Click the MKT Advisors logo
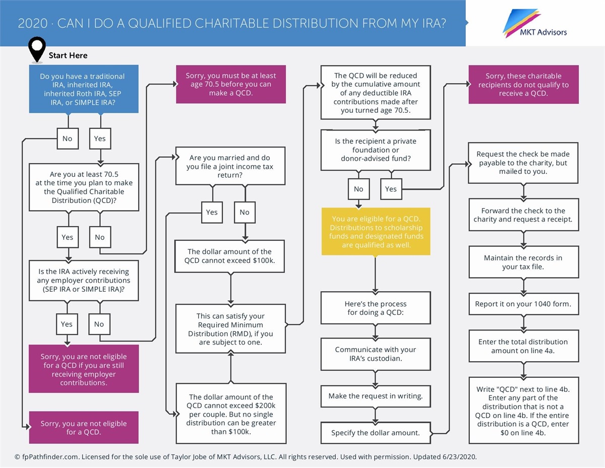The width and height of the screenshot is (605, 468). [535, 23]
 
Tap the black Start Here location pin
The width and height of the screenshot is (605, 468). [37, 49]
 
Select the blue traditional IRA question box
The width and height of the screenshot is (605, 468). [83, 89]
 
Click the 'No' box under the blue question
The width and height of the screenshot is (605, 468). [67, 139]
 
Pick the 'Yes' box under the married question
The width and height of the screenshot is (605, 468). [212, 212]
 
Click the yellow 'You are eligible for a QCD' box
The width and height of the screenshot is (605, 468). [376, 232]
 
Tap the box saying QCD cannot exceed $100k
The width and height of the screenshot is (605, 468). [230, 256]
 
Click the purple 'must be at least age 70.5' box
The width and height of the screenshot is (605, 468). [230, 85]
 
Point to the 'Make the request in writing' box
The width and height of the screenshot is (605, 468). [376, 396]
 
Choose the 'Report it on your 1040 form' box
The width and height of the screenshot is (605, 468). [523, 304]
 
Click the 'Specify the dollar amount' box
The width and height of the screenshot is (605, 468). [376, 432]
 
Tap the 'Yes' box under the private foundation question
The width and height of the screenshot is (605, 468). [391, 189]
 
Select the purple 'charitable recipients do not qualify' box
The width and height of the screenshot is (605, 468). [523, 85]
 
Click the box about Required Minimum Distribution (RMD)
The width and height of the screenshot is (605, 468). [230, 329]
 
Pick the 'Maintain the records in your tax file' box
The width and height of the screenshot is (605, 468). [523, 262]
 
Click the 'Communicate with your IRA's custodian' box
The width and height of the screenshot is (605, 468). [376, 354]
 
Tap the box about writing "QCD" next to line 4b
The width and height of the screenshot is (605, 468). [523, 411]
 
